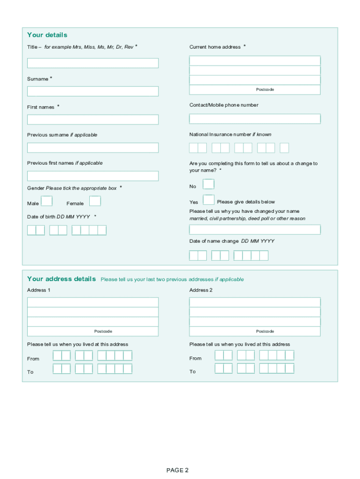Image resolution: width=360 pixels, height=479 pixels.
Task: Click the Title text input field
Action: click(x=93, y=63)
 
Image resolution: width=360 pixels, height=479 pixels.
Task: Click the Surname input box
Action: click(x=93, y=91)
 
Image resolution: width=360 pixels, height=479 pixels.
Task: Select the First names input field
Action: click(x=93, y=120)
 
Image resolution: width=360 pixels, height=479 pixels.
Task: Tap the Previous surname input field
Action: click(x=93, y=148)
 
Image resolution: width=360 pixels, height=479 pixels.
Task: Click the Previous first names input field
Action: click(x=93, y=176)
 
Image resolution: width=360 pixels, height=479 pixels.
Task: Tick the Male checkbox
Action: click(x=47, y=201)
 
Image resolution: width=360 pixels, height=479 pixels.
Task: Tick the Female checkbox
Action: click(x=95, y=201)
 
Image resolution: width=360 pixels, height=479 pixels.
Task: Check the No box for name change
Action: click(x=209, y=184)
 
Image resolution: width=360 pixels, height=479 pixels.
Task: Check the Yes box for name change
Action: click(x=209, y=200)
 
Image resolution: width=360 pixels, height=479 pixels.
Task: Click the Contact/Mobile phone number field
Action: click(x=255, y=119)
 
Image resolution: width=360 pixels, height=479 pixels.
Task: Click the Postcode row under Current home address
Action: click(x=255, y=89)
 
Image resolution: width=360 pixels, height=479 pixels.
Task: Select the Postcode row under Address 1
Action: click(x=93, y=331)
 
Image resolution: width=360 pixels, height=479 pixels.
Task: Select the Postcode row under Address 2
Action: click(x=255, y=331)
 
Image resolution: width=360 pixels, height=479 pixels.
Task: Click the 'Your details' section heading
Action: click(x=47, y=35)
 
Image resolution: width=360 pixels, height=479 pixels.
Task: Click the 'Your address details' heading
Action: click(x=62, y=279)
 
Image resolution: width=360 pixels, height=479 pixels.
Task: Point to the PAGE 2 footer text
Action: click(x=177, y=470)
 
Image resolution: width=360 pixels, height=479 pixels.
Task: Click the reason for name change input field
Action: click(x=255, y=230)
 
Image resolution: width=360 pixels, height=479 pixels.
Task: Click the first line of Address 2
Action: click(x=255, y=302)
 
